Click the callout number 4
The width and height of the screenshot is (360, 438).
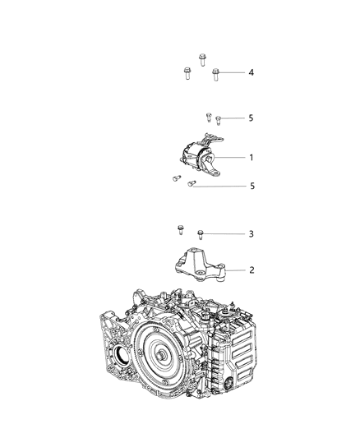tap(252, 73)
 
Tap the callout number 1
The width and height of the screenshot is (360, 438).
tap(252, 157)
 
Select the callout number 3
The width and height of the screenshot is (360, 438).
tap(252, 234)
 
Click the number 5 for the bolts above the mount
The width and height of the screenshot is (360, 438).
tap(252, 118)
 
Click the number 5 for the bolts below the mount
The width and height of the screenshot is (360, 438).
tap(252, 187)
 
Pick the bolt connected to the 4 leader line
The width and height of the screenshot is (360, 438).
tap(215, 74)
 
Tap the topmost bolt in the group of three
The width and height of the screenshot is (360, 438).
tap(201, 59)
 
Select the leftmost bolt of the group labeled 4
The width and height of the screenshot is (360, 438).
tap(187, 74)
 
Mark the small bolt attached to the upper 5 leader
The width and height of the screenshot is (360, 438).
tap(218, 120)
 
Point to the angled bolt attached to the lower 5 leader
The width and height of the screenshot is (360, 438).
tap(190, 184)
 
